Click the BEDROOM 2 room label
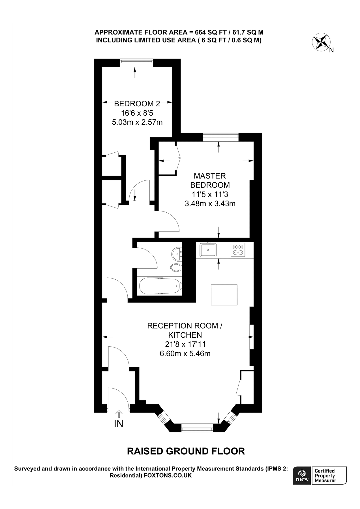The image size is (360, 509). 137,104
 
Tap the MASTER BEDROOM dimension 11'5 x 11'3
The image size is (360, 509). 209,194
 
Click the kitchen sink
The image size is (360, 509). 208,250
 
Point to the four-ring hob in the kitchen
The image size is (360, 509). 237,250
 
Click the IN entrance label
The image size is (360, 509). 119,424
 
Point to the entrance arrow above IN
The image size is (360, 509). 119,413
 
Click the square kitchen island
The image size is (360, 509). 224,295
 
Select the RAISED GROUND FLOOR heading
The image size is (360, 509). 186,451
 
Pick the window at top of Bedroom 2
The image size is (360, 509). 136,62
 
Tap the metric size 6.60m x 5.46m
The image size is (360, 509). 185,353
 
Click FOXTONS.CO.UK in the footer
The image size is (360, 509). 168,476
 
